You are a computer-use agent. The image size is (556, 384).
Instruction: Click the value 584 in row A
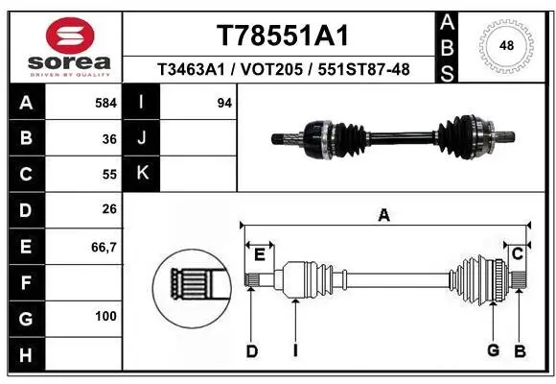click(x=105, y=103)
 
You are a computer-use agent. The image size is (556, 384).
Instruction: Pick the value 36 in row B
click(x=108, y=138)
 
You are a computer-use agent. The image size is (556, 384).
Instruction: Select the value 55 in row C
click(x=108, y=174)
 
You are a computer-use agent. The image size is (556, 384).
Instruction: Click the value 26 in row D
click(x=108, y=209)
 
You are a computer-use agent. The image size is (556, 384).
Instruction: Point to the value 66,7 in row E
click(x=104, y=246)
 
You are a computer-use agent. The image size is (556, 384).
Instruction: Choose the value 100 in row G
click(x=105, y=316)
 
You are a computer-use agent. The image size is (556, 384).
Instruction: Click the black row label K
click(x=143, y=174)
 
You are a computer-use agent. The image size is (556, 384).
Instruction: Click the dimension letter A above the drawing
click(x=383, y=216)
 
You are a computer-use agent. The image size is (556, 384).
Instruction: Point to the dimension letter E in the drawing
click(x=259, y=253)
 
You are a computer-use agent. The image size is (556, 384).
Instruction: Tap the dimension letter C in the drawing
click(x=517, y=253)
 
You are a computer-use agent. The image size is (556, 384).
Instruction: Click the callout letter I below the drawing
click(x=295, y=351)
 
